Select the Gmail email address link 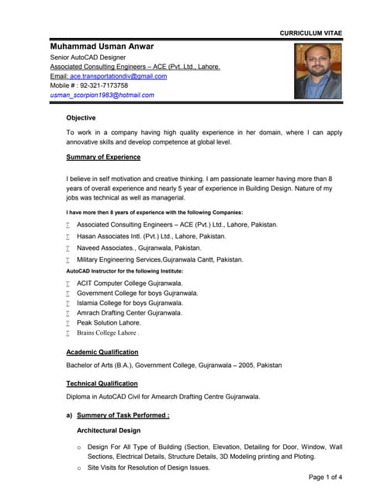click(118, 76)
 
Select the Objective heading click(81, 118)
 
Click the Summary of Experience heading click(103, 157)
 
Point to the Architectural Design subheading click(109, 429)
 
